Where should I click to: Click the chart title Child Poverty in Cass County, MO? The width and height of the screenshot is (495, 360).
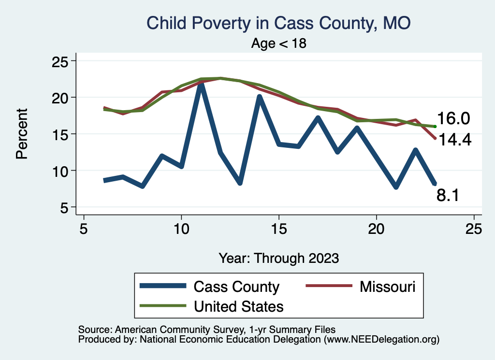(278, 23)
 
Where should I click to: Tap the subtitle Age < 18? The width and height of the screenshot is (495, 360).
(279, 43)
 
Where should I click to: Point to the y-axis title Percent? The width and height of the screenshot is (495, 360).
(21, 133)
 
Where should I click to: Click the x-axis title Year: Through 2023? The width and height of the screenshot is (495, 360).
(278, 258)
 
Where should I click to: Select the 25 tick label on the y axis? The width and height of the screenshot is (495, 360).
(61, 61)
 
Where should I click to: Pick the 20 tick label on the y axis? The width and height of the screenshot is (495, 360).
(61, 98)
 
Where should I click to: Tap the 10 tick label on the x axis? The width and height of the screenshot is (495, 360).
(181, 229)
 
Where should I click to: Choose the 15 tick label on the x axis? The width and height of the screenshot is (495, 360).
(279, 229)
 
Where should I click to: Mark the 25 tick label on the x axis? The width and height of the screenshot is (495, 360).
(474, 229)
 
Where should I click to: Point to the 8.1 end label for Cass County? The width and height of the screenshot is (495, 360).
(448, 195)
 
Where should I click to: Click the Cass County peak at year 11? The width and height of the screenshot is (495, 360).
(201, 85)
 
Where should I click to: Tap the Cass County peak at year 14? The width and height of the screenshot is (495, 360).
(259, 97)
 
